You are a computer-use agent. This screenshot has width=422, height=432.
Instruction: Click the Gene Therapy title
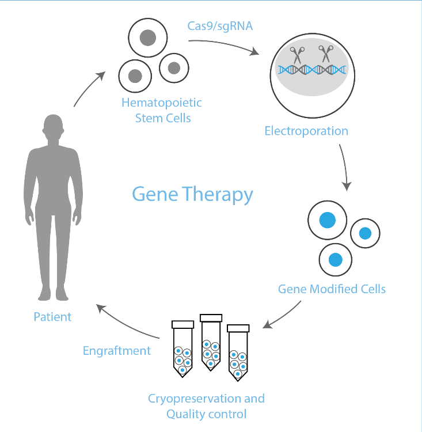pos(192,194)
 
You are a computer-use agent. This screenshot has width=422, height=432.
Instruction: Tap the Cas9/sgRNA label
pos(220,26)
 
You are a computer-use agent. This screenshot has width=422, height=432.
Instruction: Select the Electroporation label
pos(306,131)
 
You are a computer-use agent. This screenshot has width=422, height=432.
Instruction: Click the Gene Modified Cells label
pos(332,289)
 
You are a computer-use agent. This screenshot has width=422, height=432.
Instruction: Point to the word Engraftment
pos(117,351)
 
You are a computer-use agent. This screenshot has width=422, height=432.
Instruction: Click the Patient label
pos(52,317)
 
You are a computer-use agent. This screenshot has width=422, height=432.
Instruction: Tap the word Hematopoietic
pos(162,103)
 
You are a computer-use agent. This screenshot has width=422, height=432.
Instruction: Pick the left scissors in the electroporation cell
pos(297,55)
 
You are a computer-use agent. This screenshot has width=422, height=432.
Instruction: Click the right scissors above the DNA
pos(326,54)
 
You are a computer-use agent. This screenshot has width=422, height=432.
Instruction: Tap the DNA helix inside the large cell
pos(312,70)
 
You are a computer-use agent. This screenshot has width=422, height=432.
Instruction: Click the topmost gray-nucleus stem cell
pos(147,38)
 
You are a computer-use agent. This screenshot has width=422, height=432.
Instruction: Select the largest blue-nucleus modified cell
pos(327,220)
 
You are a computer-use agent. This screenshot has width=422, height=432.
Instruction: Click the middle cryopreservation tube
pos(211,343)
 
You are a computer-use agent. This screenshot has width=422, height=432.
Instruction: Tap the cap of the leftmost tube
pos(183,324)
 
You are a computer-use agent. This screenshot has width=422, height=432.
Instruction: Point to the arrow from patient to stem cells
pos(88,88)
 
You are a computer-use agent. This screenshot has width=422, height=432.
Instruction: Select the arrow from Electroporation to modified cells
pos(345,167)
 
